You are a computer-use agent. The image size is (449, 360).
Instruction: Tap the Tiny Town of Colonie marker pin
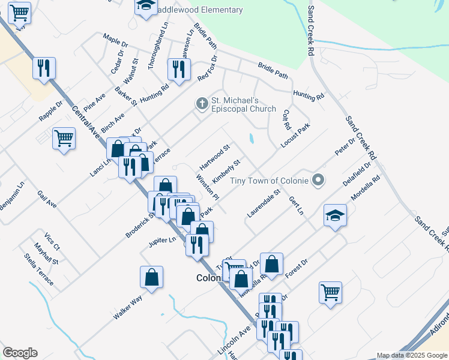click(x=319, y=180)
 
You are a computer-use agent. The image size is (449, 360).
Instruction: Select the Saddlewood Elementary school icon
click(x=145, y=7)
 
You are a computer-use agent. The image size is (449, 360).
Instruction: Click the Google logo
click(x=20, y=353)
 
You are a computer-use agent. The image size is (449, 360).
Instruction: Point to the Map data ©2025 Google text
click(x=412, y=355)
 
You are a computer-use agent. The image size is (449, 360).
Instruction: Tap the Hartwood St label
click(x=215, y=156)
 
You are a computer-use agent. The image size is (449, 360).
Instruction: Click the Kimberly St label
click(x=226, y=172)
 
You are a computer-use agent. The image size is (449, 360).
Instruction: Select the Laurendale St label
click(x=264, y=203)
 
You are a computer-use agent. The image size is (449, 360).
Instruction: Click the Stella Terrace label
click(x=40, y=266)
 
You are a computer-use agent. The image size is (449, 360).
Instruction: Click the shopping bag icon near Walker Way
click(x=151, y=277)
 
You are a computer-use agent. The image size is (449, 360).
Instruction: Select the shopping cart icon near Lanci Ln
click(x=64, y=138)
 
